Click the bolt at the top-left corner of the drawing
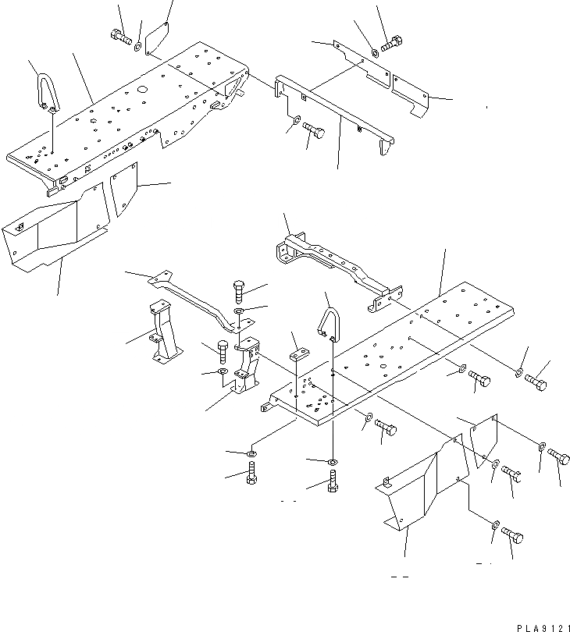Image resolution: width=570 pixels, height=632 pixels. pyautogui.click(x=120, y=36)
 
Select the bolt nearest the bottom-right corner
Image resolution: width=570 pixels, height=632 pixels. pyautogui.click(x=511, y=536)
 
